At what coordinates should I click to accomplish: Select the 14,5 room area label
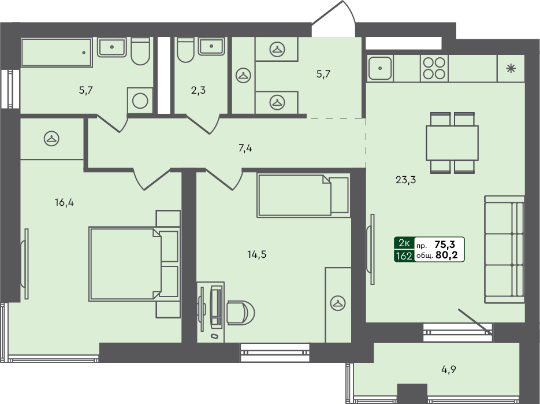pyautogui.click(x=257, y=254)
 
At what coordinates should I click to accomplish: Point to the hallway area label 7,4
pyautogui.click(x=245, y=149)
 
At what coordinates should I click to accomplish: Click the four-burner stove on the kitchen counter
pyautogui.click(x=434, y=68)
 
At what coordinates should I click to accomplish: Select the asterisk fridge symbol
pyautogui.click(x=511, y=68)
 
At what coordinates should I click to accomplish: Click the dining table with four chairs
pyautogui.click(x=452, y=143)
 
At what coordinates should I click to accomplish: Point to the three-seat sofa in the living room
pyautogui.click(x=504, y=249)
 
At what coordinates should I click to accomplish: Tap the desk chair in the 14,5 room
pyautogui.click(x=237, y=313)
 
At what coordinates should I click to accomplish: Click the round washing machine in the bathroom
pyautogui.click(x=140, y=101)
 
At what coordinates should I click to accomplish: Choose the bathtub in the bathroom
pyautogui.click(x=57, y=53)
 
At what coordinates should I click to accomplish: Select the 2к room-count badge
pyautogui.click(x=404, y=244)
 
